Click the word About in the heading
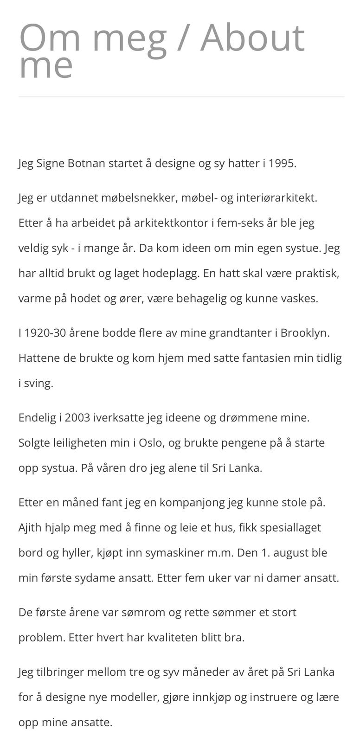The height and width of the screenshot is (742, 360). [x=252, y=38]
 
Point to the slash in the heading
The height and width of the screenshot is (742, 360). [x=183, y=38]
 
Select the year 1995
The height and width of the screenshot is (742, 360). [x=282, y=164]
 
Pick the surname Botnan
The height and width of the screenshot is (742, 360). [x=87, y=164]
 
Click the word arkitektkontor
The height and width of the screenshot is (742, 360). [x=171, y=223]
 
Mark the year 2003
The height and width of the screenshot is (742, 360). [x=78, y=417]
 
